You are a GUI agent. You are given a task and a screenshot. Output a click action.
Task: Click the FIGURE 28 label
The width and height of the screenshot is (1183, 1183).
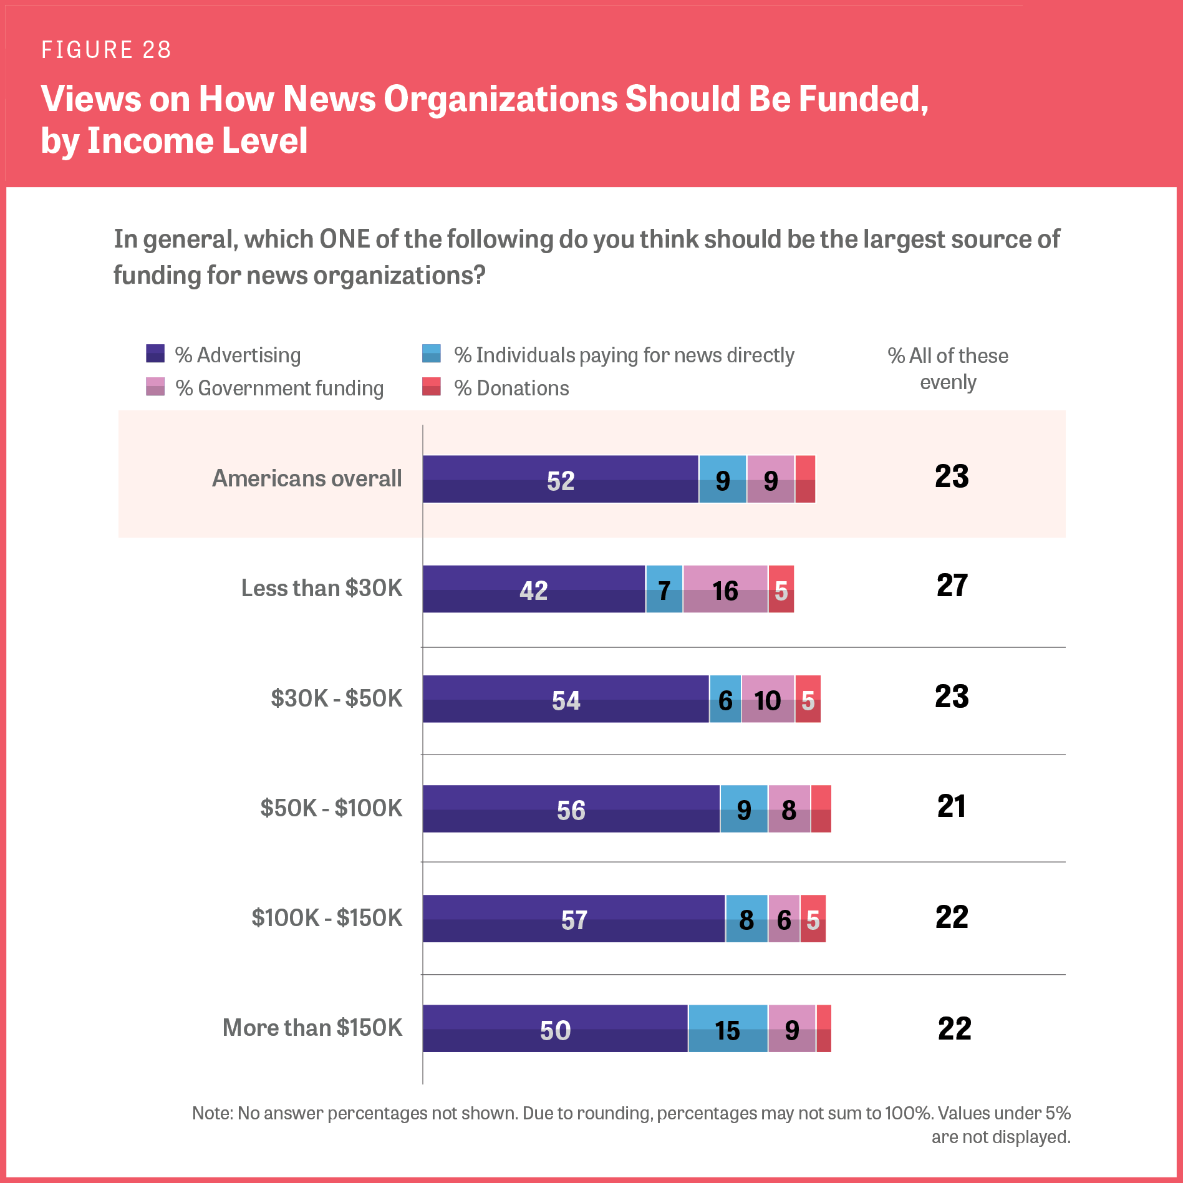(x=106, y=50)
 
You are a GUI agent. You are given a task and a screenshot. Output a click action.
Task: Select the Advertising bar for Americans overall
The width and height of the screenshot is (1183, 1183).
(x=560, y=479)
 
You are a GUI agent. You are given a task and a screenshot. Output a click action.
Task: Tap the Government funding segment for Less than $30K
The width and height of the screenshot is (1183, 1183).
(x=725, y=589)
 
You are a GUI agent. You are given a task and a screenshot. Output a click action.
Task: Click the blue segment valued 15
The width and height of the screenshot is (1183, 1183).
(x=728, y=1028)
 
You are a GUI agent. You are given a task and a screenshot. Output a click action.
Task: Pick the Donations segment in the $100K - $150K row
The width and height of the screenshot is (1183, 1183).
(x=813, y=919)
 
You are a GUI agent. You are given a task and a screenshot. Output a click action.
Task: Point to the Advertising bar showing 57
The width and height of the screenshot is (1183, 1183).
(x=574, y=919)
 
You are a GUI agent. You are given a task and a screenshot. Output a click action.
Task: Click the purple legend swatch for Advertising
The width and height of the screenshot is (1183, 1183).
(x=155, y=354)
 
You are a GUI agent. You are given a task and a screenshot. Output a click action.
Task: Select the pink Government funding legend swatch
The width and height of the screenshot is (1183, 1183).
(x=155, y=387)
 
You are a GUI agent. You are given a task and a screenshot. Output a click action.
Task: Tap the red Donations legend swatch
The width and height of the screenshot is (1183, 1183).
(x=432, y=387)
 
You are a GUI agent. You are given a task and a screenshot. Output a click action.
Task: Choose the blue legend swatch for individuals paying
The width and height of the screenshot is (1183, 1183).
(x=432, y=354)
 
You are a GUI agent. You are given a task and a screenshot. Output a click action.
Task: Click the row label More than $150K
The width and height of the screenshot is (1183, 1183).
(x=312, y=1028)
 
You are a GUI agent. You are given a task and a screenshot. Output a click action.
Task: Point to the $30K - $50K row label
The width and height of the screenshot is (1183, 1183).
(x=337, y=698)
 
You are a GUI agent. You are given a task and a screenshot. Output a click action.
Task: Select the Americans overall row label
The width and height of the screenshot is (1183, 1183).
(x=307, y=478)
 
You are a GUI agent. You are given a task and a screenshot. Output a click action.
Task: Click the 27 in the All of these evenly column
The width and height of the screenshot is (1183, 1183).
(x=952, y=586)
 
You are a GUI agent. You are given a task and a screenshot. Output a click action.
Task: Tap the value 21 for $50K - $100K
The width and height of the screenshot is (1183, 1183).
(x=952, y=806)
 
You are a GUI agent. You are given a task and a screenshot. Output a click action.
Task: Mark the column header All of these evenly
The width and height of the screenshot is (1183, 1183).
(x=948, y=368)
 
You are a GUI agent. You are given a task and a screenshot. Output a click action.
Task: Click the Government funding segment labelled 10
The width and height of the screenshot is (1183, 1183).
(x=768, y=699)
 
